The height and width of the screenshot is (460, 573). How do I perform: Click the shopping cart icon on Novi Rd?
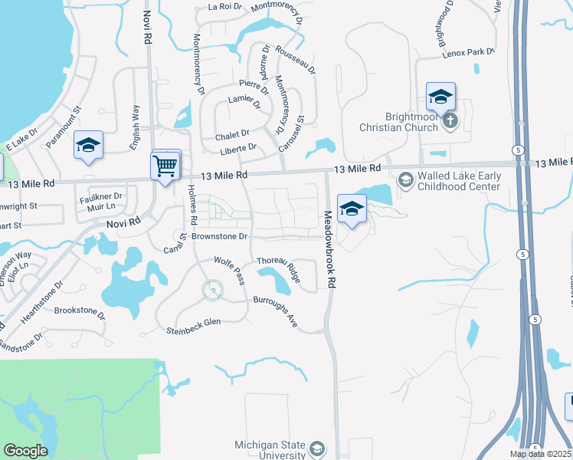pyautogui.click(x=165, y=166)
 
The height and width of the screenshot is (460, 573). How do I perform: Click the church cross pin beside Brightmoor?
pyautogui.click(x=450, y=120)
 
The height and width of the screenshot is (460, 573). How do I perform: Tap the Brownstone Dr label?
pyautogui.click(x=219, y=237)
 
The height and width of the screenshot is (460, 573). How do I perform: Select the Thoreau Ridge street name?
pyautogui.click(x=277, y=265)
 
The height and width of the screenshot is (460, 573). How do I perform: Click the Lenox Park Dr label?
pyautogui.click(x=468, y=51)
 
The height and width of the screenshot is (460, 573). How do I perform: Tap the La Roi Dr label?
pyautogui.click(x=224, y=7)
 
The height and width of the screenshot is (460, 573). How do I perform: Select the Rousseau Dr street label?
pyautogui.click(x=294, y=57)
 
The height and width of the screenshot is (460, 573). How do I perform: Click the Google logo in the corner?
pyautogui.click(x=25, y=451)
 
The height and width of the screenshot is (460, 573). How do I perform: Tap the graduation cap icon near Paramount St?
pyautogui.click(x=88, y=145)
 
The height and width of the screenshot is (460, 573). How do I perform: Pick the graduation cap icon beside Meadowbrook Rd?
pyautogui.click(x=351, y=209)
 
